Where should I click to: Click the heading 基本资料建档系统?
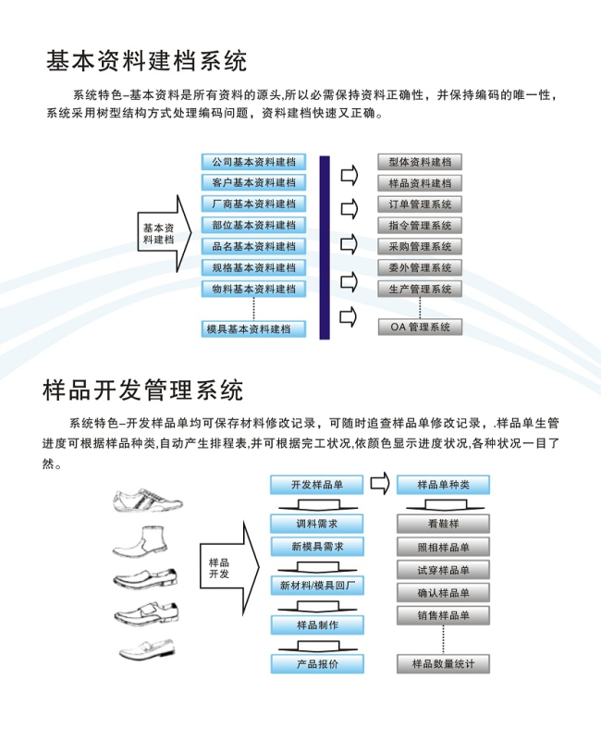(146, 61)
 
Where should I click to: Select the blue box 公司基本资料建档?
(253, 162)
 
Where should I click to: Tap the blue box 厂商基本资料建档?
(253, 204)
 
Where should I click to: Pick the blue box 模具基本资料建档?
(253, 328)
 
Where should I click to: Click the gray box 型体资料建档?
(420, 162)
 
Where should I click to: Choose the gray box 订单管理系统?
(420, 204)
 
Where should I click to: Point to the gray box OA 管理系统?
(420, 327)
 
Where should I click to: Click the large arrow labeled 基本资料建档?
(165, 233)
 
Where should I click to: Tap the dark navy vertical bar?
(325, 247)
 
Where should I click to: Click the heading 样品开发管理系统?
(143, 390)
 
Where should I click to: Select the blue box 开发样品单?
(317, 485)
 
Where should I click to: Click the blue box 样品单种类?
(444, 485)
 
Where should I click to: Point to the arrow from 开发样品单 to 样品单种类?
(380, 484)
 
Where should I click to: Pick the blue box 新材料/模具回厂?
(317, 586)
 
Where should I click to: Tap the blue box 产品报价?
(317, 664)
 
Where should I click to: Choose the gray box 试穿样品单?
(444, 570)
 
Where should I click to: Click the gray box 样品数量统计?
(444, 664)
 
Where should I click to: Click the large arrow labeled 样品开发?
(229, 568)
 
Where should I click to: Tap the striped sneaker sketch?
(148, 500)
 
